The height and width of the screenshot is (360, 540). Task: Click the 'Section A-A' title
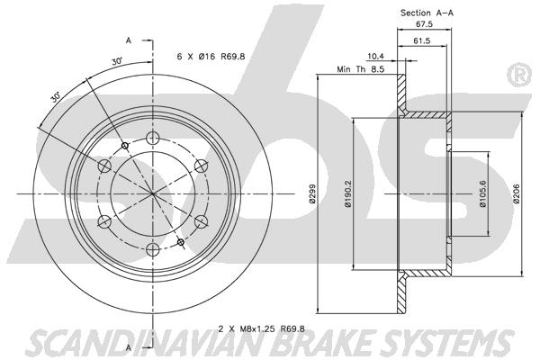(427, 13)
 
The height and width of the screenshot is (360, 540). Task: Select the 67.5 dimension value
(424, 24)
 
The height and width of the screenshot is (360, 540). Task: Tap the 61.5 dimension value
(422, 40)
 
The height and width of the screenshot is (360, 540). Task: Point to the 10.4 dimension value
(375, 56)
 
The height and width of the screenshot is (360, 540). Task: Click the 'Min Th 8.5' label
(361, 69)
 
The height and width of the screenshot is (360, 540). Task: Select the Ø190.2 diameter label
(347, 194)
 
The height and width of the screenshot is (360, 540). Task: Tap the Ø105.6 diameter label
(482, 194)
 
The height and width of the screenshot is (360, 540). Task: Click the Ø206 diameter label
(517, 194)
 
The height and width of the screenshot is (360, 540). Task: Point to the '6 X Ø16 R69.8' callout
(211, 57)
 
